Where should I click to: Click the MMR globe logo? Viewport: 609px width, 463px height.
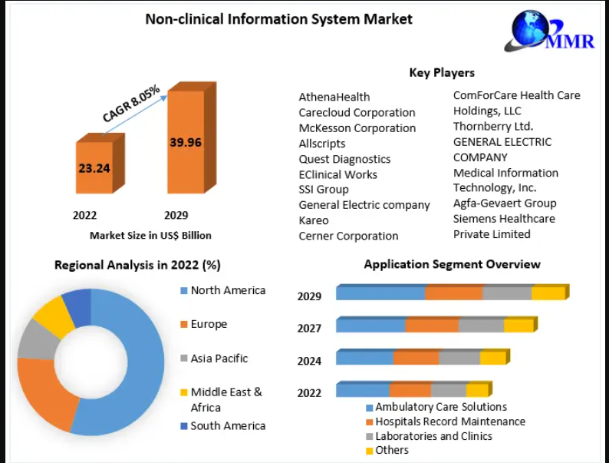click(549, 31)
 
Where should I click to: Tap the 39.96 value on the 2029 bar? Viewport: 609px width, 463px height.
click(186, 142)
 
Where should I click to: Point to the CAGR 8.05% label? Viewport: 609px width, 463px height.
click(131, 103)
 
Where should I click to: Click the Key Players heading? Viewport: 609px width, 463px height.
click(442, 73)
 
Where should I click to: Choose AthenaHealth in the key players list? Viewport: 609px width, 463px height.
click(334, 97)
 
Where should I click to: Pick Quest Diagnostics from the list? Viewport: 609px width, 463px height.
click(344, 159)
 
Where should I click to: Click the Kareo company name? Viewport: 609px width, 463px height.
click(314, 220)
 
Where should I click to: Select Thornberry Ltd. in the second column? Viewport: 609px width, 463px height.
click(493, 127)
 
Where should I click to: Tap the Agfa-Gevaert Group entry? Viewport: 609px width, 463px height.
click(505, 203)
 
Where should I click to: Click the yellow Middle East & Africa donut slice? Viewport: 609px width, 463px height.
click(54, 317)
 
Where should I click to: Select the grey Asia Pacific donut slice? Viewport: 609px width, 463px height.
click(38, 339)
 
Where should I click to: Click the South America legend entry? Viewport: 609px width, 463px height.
click(223, 425)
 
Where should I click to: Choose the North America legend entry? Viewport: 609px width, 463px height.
click(223, 290)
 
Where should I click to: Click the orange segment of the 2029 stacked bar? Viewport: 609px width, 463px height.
click(453, 293)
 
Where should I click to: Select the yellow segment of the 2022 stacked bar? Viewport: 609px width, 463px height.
click(477, 389)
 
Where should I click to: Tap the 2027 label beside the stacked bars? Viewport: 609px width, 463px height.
click(309, 329)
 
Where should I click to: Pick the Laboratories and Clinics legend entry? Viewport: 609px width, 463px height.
click(430, 436)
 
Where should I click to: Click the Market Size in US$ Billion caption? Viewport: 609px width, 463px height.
click(150, 236)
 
